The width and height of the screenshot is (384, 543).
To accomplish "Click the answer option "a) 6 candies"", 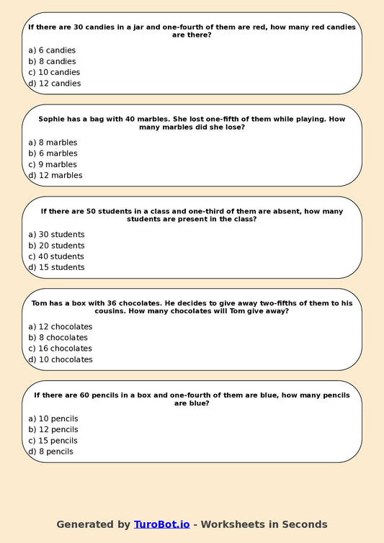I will point(52,50).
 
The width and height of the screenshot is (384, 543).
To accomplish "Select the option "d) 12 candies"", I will point(55,84).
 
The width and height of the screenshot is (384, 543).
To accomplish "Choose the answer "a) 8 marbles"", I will point(53,143).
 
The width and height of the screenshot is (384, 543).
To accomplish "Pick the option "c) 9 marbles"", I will point(53,164).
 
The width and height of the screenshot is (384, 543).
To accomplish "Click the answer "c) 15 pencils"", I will point(53,441).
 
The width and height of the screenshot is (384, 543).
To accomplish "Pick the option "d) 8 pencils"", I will point(50,452).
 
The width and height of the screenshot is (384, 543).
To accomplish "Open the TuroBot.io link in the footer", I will point(161,524).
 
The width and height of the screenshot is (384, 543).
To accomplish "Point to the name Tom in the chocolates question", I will point(40,303).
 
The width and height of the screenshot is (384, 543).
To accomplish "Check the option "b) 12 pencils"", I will point(53,430).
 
